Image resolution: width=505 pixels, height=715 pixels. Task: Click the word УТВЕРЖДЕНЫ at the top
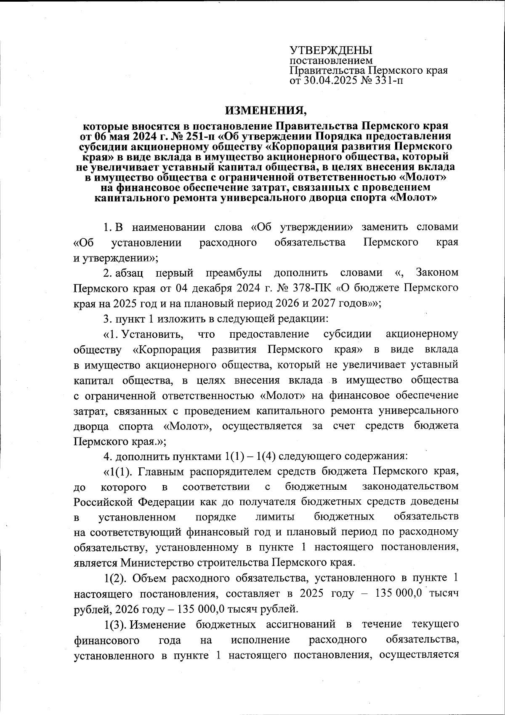331,50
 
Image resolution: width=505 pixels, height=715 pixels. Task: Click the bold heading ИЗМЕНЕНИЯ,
267,110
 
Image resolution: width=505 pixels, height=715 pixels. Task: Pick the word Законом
437,273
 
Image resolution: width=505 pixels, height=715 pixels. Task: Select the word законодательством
410,487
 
